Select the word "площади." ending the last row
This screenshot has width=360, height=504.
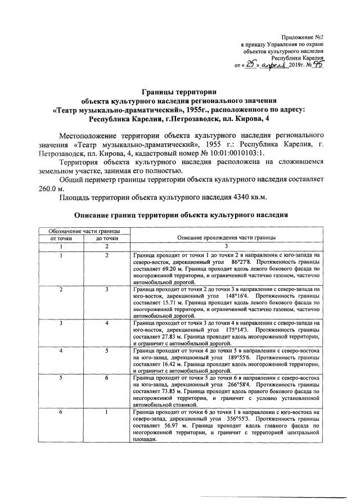coord(144,440)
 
